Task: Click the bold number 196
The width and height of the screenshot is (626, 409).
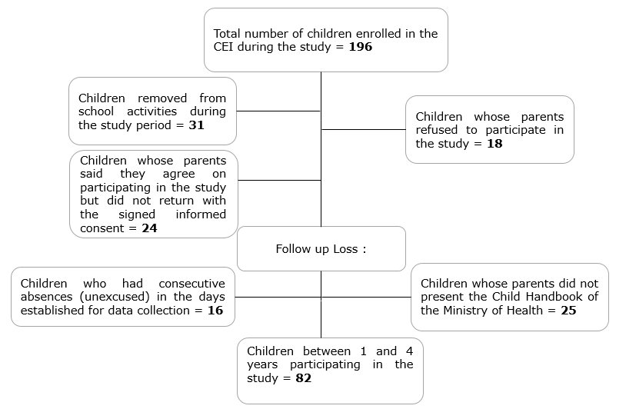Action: click(x=361, y=47)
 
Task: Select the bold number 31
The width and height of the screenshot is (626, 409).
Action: click(x=196, y=125)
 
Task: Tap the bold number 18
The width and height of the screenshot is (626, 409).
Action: click(x=494, y=144)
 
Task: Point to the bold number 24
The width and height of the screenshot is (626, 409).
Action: click(x=149, y=228)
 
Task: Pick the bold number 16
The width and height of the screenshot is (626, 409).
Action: click(x=215, y=311)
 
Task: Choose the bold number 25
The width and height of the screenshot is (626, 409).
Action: click(x=568, y=311)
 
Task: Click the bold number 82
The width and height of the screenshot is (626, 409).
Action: click(x=304, y=378)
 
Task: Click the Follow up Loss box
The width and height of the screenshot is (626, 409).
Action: click(x=321, y=249)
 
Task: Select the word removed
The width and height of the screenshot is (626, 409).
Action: click(x=162, y=98)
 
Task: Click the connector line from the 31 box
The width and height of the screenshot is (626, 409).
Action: click(x=278, y=111)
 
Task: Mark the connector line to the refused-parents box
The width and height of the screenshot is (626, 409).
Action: click(x=364, y=129)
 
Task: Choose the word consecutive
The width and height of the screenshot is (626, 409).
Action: click(x=191, y=284)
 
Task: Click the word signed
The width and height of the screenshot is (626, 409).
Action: click(x=137, y=215)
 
